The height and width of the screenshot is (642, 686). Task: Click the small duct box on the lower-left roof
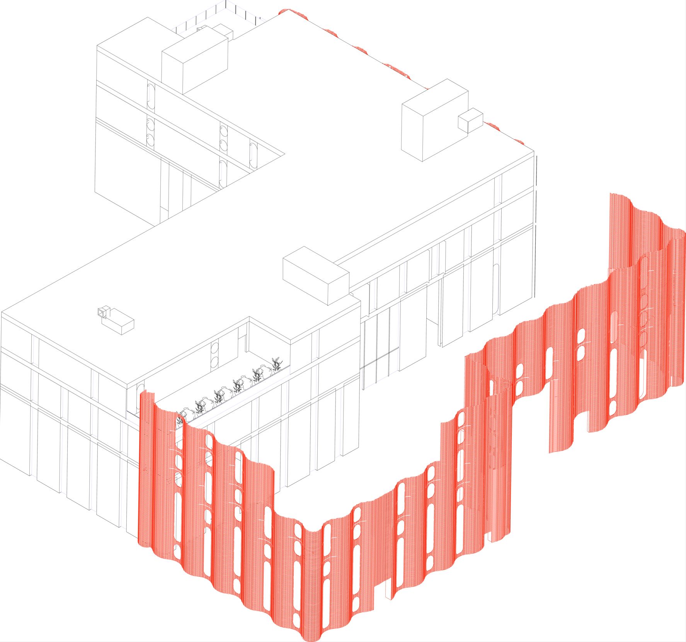tap(121, 324)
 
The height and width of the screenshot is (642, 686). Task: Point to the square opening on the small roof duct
tap(102, 312)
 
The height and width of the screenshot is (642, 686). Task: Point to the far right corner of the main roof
tap(534, 151)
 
